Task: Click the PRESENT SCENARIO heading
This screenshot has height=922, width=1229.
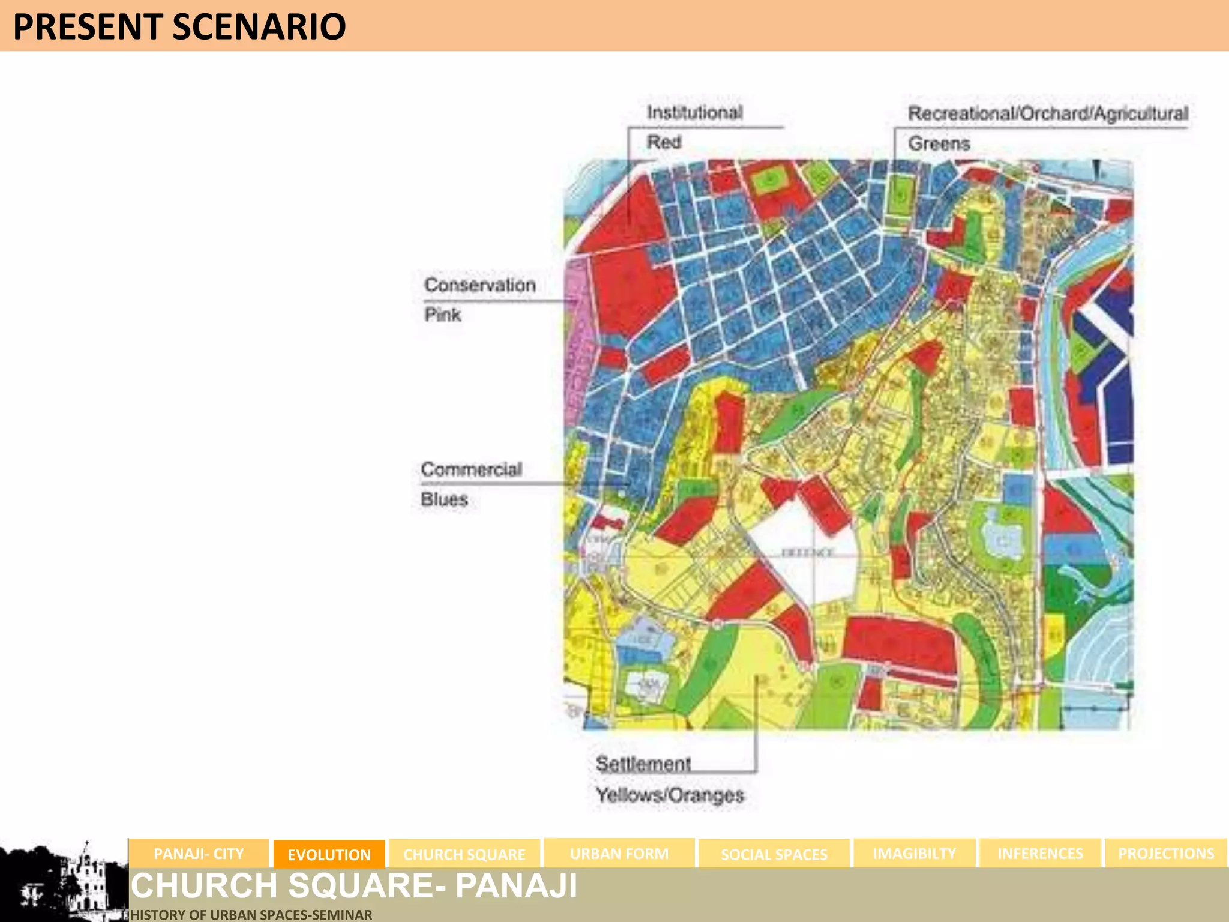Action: [x=179, y=26]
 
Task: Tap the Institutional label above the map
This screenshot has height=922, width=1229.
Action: [x=694, y=112]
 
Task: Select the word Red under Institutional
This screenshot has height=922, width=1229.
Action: [x=664, y=142]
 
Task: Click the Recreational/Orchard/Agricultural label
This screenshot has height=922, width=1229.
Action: [x=1048, y=113]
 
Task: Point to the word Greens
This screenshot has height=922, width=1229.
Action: [x=939, y=143]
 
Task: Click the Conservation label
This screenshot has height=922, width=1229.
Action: [x=480, y=285]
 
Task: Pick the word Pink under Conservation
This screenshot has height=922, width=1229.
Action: [x=443, y=314]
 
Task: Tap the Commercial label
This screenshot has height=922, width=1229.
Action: [x=472, y=469]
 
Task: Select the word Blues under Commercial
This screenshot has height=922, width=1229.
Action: [x=444, y=499]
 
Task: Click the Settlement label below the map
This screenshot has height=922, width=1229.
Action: [x=643, y=764]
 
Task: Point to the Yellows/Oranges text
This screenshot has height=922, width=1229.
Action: [x=670, y=795]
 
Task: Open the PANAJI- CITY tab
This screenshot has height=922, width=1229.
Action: [x=199, y=854]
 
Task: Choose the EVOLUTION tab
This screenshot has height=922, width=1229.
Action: [x=329, y=854]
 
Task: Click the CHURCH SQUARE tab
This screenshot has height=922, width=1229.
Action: [x=464, y=854]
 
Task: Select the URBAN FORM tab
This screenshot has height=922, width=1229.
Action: [x=619, y=854]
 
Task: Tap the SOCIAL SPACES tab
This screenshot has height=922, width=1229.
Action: [x=774, y=854]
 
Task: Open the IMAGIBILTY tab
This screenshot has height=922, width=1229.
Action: [x=914, y=854]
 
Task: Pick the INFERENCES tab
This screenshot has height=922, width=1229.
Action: [x=1040, y=854]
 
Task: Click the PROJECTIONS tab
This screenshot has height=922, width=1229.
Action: [x=1165, y=854]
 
